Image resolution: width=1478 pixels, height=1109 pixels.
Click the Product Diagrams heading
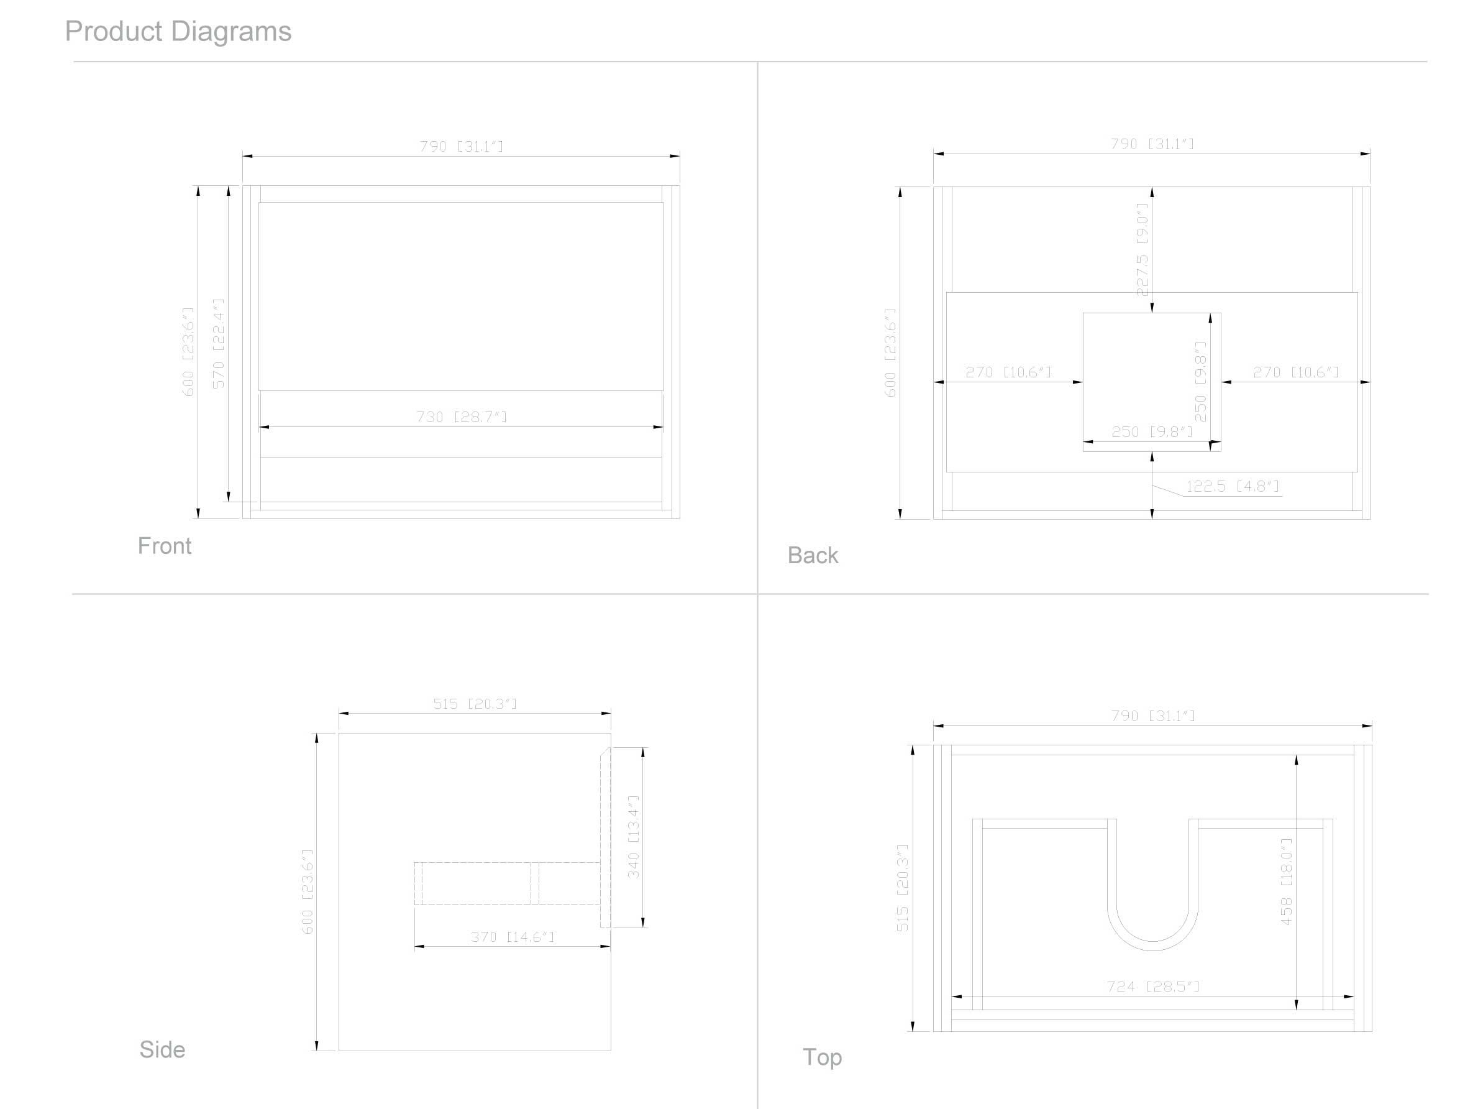[178, 32]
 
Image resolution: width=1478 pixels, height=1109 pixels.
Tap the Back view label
[813, 555]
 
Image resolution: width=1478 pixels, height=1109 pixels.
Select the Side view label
[162, 1049]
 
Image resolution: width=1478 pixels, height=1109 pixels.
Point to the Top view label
[822, 1057]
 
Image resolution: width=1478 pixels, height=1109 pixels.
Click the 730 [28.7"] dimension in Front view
[462, 417]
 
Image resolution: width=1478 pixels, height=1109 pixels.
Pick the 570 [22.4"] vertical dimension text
[219, 343]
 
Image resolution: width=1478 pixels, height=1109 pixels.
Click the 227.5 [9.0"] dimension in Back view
[1142, 249]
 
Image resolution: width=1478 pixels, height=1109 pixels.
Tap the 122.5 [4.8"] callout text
[1232, 486]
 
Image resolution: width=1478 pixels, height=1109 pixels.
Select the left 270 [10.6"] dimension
[1008, 372]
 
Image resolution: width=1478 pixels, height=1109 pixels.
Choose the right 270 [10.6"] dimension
[1295, 372]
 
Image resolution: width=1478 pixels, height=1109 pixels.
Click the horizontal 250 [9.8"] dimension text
[1152, 432]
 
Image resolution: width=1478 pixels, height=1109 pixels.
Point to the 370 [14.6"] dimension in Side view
[513, 937]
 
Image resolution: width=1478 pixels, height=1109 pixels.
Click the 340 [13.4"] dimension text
[634, 836]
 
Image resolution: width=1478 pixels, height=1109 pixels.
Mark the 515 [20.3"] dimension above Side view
[475, 703]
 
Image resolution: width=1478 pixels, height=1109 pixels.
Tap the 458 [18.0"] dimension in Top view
[1286, 881]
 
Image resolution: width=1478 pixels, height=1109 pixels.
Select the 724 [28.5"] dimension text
[1153, 986]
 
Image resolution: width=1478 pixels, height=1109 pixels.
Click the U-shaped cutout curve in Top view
[1152, 949]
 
